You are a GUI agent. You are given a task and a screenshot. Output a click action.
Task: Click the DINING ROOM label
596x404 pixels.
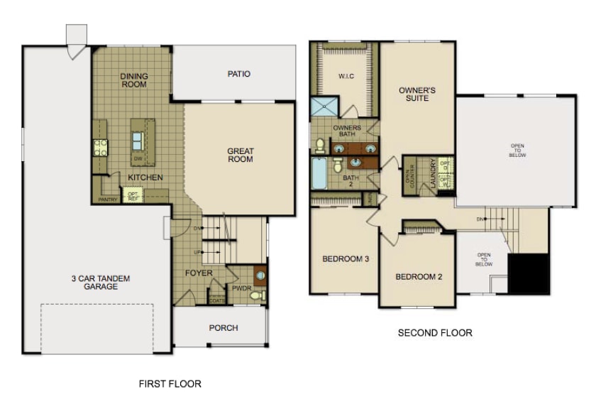[133, 80]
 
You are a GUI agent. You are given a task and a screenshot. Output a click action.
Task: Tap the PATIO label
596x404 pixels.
[238, 74]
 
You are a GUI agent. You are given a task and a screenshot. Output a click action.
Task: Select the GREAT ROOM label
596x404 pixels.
[241, 155]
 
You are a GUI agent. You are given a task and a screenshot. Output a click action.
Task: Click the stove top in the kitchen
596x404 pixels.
[100, 147]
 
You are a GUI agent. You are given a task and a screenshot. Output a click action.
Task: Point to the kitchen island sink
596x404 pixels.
[137, 137]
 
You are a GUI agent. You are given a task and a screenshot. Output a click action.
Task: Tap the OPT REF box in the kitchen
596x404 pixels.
[132, 194]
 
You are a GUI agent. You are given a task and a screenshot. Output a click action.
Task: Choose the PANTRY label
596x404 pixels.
[108, 200]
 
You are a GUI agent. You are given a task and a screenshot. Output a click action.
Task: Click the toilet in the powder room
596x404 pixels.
[259, 293]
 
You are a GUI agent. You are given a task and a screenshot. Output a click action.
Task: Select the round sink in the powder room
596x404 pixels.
[260, 273]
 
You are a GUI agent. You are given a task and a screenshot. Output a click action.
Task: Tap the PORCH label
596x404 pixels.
[223, 328]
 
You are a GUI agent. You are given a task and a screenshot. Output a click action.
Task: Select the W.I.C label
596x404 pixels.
[346, 75]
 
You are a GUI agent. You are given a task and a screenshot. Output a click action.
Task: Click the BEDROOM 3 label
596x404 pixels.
[346, 259]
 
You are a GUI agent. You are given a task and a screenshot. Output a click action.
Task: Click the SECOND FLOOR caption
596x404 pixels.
[435, 332]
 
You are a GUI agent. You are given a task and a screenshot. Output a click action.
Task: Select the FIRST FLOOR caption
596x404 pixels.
[170, 383]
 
